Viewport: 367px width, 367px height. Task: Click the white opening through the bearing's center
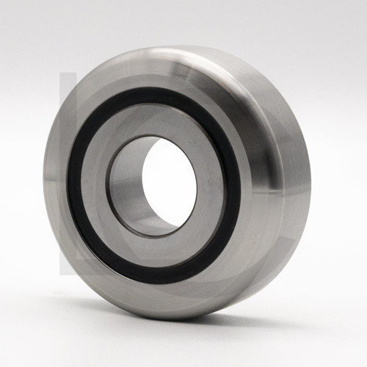coord(170,183)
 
